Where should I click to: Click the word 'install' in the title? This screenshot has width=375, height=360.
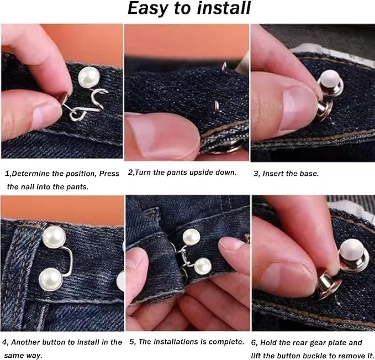pyautogui.click(x=223, y=9)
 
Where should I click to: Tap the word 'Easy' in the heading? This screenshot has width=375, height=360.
pyautogui.click(x=147, y=9)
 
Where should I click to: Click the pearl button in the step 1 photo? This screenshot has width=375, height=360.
pyautogui.click(x=89, y=77)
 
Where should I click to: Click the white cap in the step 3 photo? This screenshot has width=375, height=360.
pyautogui.click(x=330, y=81)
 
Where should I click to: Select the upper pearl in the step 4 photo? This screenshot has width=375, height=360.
pyautogui.click(x=54, y=237)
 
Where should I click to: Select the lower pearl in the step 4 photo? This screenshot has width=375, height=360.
pyautogui.click(x=51, y=279)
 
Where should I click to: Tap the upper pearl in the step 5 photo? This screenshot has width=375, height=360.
pyautogui.click(x=191, y=237)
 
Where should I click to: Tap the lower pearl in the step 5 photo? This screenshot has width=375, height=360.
pyautogui.click(x=203, y=266)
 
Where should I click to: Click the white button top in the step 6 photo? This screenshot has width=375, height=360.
pyautogui.click(x=351, y=249)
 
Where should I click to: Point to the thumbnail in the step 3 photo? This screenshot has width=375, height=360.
pyautogui.click(x=297, y=109)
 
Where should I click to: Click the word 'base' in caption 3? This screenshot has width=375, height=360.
pyautogui.click(x=309, y=174)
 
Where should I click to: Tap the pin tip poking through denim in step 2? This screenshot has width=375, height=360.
pyautogui.click(x=217, y=105)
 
